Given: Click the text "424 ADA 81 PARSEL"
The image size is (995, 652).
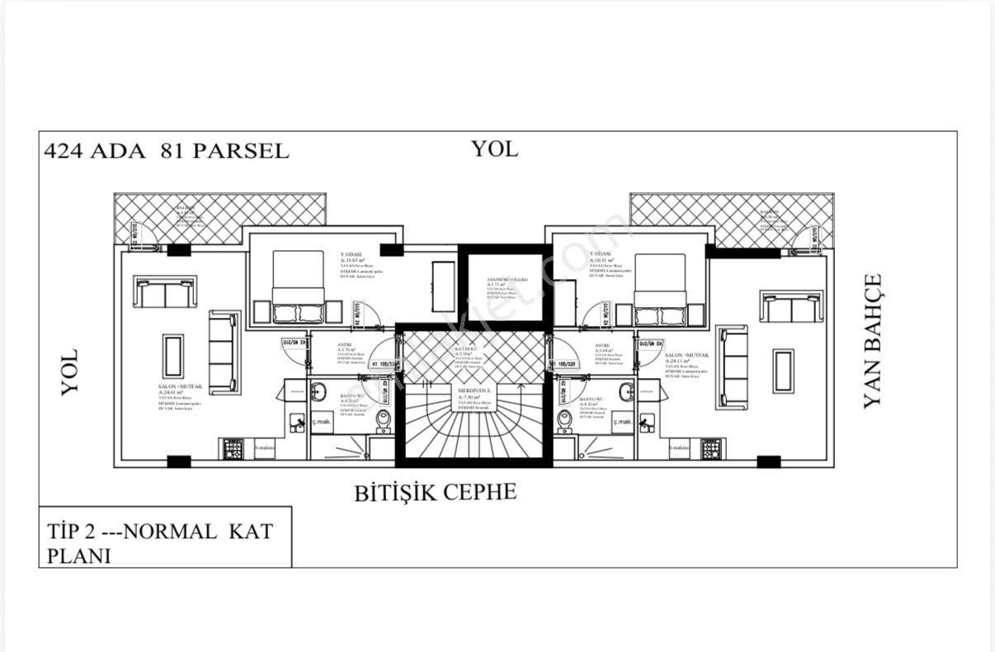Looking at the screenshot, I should [167, 151].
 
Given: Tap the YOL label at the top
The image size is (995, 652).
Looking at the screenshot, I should [494, 149].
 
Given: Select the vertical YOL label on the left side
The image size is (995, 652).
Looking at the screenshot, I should [69, 371].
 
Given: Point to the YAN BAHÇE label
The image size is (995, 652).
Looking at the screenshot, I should [872, 340].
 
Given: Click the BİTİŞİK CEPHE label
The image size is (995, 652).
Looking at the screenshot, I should [436, 493].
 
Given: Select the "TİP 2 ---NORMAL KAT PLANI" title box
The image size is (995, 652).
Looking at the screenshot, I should [165, 542].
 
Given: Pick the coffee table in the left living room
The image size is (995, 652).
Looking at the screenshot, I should [173, 356].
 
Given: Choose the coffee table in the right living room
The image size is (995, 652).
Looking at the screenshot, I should [782, 371].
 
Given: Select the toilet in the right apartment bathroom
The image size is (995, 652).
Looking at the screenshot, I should [564, 422].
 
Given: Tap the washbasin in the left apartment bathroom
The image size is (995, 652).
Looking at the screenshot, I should [321, 391].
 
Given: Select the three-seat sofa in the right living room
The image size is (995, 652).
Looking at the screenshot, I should [733, 367].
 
